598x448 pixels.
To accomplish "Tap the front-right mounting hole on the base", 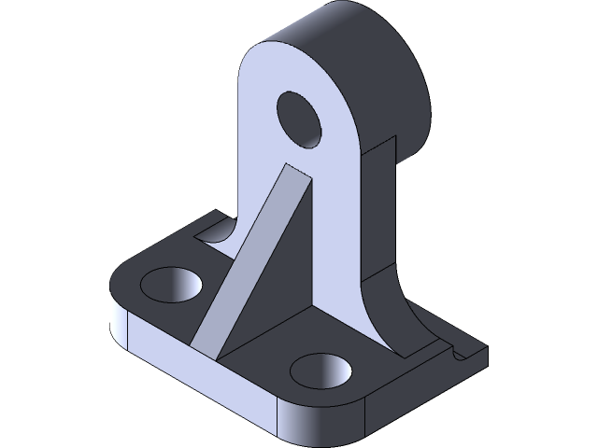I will [321, 370].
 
